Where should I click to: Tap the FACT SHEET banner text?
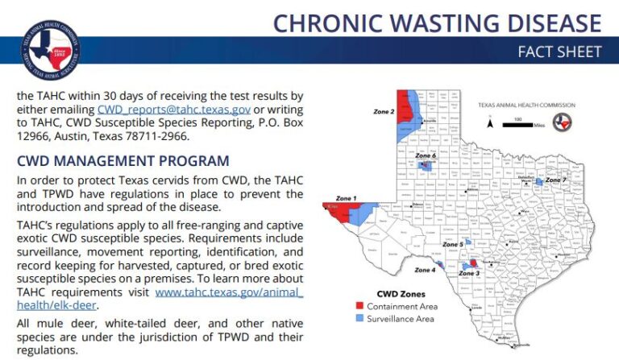pyautogui.click(x=559, y=52)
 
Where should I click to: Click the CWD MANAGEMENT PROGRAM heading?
pyautogui.click(x=123, y=162)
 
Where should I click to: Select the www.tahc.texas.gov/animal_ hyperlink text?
pyautogui.click(x=229, y=292)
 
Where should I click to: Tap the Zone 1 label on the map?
pyautogui.click(x=346, y=197)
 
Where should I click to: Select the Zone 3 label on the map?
pyautogui.click(x=470, y=274)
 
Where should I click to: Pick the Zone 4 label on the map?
pyautogui.click(x=425, y=271)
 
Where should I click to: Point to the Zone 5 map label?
pyautogui.click(x=453, y=244)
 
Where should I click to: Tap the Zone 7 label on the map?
pyautogui.click(x=556, y=180)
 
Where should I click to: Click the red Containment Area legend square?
pyautogui.click(x=359, y=307)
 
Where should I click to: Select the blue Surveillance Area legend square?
pyautogui.click(x=359, y=319)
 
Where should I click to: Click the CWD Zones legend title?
pyautogui.click(x=401, y=294)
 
